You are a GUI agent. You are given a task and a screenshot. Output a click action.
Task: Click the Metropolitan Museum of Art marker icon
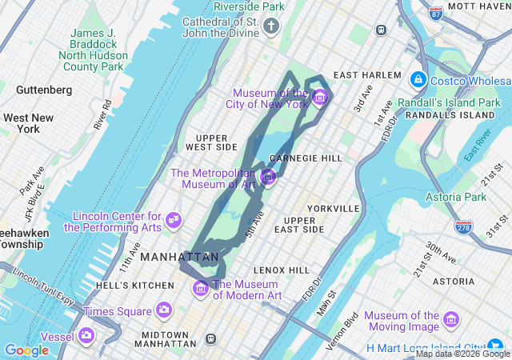click(268, 177)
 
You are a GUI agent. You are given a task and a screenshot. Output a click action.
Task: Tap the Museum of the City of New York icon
click(320, 98)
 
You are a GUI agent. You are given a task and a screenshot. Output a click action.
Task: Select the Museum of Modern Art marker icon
click(201, 288)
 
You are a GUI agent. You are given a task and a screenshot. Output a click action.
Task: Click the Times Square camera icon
click(164, 310)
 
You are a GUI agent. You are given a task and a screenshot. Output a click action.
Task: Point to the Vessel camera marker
click(86, 335)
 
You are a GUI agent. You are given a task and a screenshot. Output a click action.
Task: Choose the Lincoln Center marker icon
click(174, 219)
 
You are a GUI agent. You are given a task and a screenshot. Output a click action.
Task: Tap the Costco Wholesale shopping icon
click(417, 80)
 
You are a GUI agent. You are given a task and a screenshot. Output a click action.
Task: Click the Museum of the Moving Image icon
click(451, 320)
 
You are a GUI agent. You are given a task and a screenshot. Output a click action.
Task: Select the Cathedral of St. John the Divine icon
click(271, 28)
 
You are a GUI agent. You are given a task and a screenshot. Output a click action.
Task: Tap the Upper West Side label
click(211, 142)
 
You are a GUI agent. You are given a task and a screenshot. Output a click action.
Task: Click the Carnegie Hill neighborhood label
click(306, 158)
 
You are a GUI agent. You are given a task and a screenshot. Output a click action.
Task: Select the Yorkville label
click(334, 208)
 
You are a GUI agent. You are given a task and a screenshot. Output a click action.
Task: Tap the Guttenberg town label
click(43, 89)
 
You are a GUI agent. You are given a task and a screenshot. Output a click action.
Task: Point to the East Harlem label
click(367, 75)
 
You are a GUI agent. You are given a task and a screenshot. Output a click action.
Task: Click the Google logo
click(26, 350)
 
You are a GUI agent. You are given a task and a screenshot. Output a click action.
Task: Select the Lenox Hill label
click(281, 270)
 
